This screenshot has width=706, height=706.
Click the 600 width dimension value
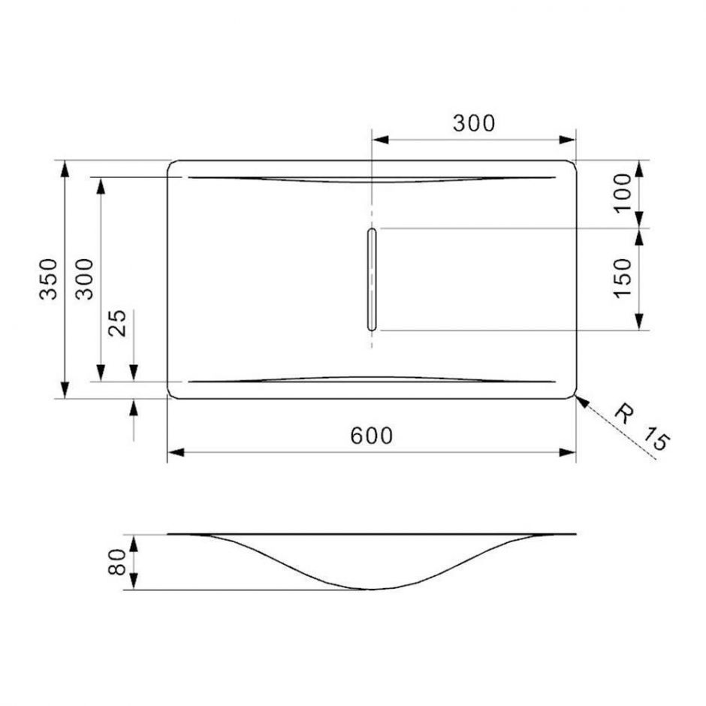point(372,435)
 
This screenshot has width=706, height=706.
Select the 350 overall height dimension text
point(48,279)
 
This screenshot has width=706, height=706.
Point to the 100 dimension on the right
point(623,192)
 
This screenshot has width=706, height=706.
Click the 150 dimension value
point(623,279)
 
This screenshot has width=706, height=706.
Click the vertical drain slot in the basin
point(371,279)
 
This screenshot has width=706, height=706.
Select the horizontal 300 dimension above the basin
point(474,123)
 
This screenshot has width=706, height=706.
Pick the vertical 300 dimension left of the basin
point(85,279)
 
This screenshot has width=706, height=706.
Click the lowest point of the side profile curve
point(372,589)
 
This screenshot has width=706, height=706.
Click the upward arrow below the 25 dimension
point(134,408)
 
